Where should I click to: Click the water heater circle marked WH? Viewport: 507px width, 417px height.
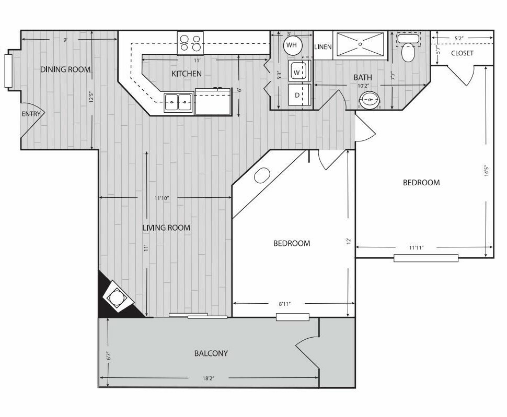292,45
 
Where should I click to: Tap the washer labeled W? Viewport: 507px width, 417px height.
299,71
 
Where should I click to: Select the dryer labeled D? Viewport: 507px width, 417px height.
299,95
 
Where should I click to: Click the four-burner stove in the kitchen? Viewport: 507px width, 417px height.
190,43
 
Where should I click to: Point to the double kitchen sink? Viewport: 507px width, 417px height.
178,102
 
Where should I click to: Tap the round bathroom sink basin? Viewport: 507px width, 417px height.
370,100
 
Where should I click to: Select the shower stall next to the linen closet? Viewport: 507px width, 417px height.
360,45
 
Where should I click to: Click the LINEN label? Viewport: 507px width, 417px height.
322,47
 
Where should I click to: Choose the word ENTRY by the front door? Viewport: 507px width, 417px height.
31,114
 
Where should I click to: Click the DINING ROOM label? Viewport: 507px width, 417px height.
65,69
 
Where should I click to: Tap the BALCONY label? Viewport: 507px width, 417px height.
211,353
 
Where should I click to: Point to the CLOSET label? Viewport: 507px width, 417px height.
462,53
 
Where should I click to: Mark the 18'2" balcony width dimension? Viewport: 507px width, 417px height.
209,378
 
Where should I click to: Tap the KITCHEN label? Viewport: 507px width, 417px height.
186,74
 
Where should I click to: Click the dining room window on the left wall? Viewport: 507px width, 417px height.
8,70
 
